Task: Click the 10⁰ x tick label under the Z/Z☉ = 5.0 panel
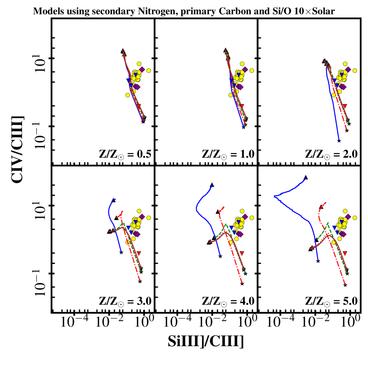click(x=349, y=323)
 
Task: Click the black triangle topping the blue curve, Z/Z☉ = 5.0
click(x=306, y=177)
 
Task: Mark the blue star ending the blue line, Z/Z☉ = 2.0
click(x=339, y=141)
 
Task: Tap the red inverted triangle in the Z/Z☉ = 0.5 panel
click(x=139, y=106)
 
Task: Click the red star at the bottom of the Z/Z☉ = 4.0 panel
click(x=242, y=284)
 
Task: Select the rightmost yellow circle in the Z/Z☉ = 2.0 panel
click(x=355, y=70)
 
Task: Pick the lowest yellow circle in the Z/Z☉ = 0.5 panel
click(x=128, y=95)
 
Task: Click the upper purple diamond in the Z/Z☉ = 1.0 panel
click(x=245, y=69)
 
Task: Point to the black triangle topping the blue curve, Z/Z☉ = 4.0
click(x=212, y=185)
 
